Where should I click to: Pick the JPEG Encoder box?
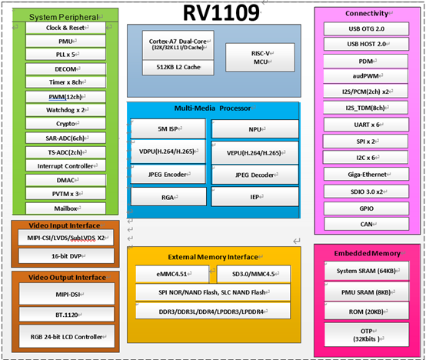point(168,174)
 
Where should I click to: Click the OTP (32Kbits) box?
point(368,333)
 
